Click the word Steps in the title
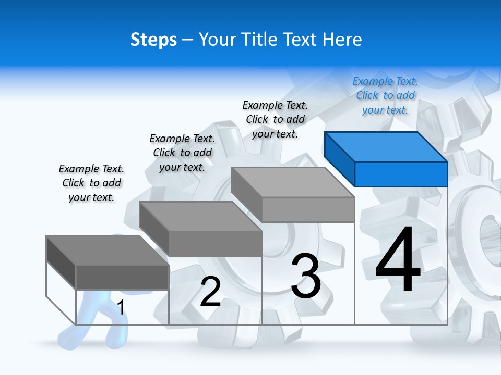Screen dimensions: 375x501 pos(153,40)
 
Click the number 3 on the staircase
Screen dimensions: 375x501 pos(306,276)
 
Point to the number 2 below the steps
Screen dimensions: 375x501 pos(210,292)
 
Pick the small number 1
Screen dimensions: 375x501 pos(121,307)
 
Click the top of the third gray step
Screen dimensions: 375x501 pos(292,182)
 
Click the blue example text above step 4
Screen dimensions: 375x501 pos(385,96)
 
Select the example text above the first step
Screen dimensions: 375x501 pos(91,183)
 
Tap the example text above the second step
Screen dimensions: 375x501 pos(182,153)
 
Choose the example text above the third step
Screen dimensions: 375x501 pos(275,120)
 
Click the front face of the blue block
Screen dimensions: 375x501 pos(401,174)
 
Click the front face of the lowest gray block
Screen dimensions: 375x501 pos(122,277)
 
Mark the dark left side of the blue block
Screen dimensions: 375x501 pos(339,158)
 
